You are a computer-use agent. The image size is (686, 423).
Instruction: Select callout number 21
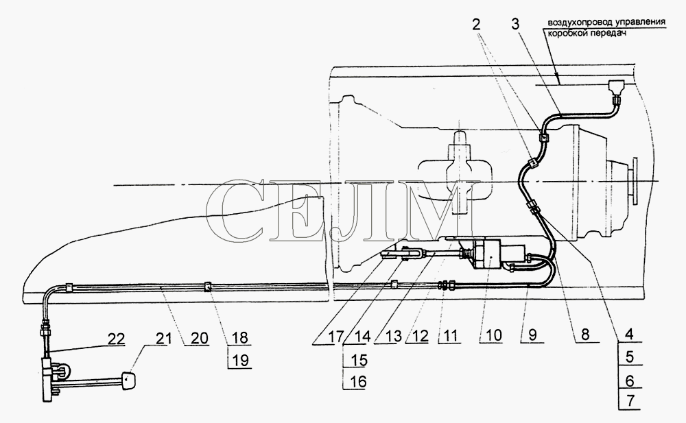(161, 339)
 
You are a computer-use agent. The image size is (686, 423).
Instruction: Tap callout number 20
(199, 338)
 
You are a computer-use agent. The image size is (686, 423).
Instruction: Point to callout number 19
(239, 360)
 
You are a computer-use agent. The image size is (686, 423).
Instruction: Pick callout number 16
(357, 382)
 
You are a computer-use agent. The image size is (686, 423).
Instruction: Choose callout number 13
(393, 337)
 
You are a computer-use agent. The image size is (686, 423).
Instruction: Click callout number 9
(532, 335)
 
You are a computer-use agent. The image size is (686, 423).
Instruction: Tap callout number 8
(584, 335)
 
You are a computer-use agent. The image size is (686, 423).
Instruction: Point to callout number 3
(515, 24)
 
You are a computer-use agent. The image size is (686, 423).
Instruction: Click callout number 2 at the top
(476, 24)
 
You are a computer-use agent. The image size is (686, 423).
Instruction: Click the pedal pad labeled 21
(128, 380)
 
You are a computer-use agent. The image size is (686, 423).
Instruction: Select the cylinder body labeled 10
(490, 254)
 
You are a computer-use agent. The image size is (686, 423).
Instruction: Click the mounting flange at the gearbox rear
(634, 181)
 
